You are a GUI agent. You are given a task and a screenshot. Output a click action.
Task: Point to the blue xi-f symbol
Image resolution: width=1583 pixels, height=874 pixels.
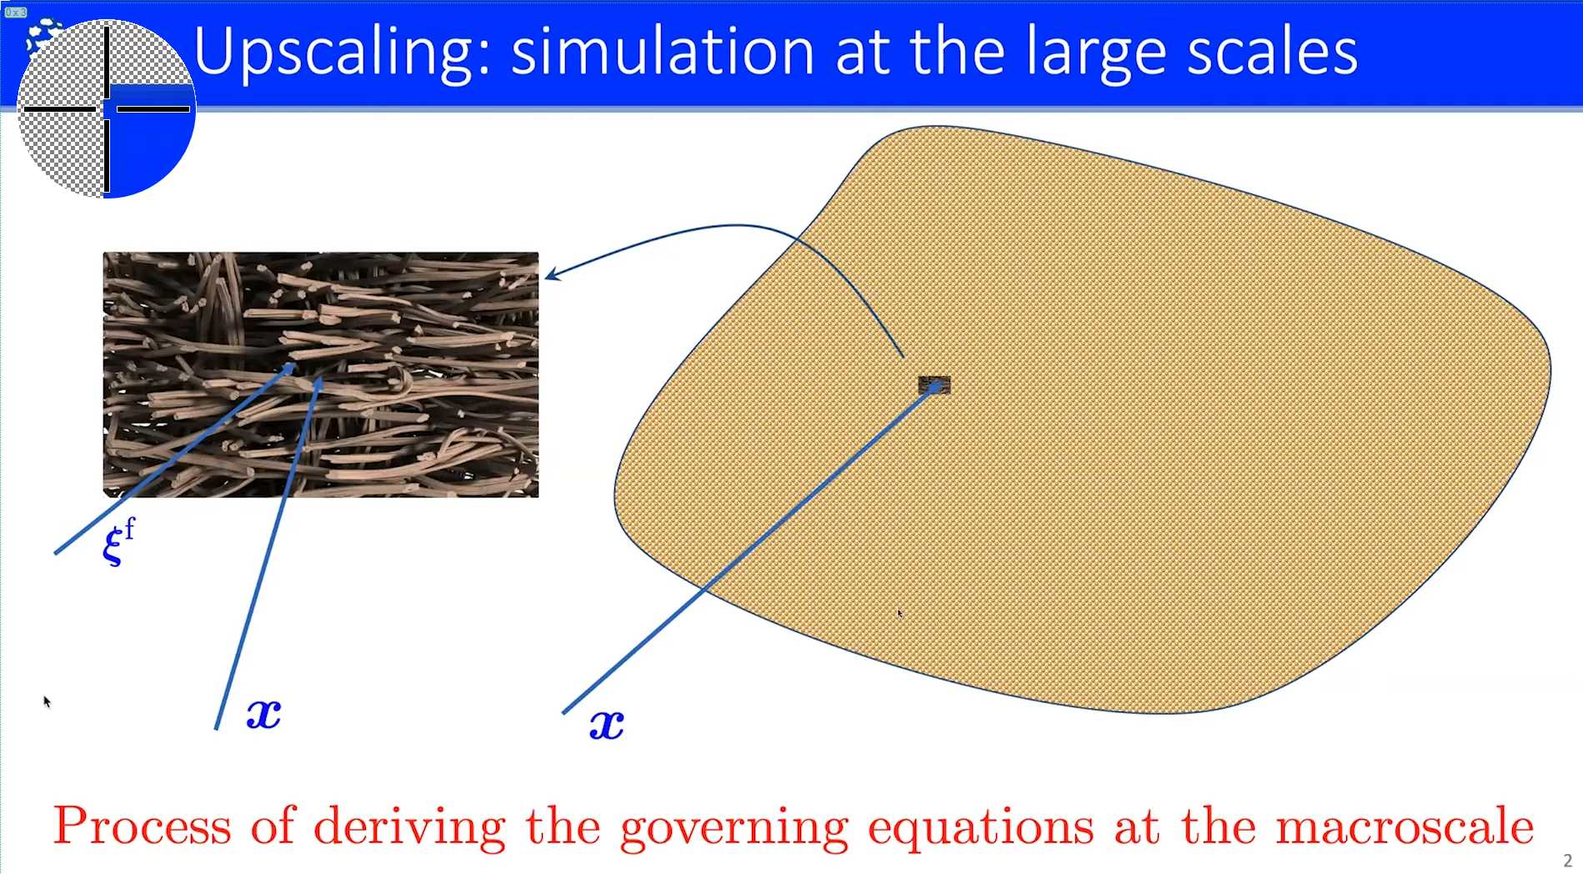pyautogui.click(x=119, y=541)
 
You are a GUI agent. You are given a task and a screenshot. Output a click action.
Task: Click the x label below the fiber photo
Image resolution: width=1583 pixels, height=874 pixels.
pyautogui.click(x=263, y=714)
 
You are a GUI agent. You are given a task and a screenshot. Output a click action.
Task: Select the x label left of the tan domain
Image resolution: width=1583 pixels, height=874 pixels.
pyautogui.click(x=607, y=724)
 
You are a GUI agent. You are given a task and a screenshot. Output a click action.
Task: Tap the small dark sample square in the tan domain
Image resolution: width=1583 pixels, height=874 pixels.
pyautogui.click(x=934, y=384)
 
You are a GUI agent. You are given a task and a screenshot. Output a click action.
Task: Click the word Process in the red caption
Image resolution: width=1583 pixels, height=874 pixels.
pyautogui.click(x=143, y=826)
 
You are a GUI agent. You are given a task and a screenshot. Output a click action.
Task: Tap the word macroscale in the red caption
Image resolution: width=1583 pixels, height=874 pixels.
pyautogui.click(x=1405, y=826)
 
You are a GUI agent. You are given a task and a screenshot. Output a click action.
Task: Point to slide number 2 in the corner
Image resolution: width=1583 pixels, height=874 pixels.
pyautogui.click(x=1567, y=861)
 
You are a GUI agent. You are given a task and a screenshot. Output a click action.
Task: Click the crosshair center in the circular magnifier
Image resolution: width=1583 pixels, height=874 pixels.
pyautogui.click(x=107, y=108)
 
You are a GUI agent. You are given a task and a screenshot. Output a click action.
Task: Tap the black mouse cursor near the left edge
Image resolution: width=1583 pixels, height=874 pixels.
pyautogui.click(x=47, y=701)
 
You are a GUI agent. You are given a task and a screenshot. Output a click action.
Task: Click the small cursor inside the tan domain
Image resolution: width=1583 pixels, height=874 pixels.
pyautogui.click(x=899, y=614)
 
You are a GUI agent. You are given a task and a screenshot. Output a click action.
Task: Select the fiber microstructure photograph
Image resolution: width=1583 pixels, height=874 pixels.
pyautogui.click(x=321, y=374)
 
